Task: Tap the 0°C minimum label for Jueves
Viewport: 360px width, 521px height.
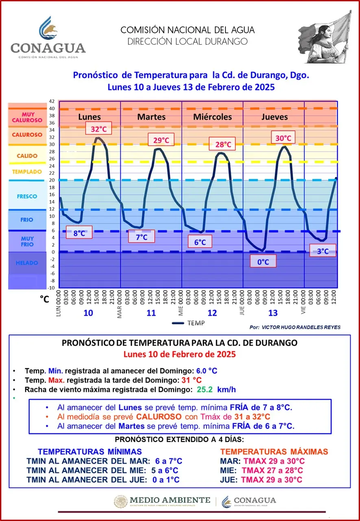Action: pos(263,261)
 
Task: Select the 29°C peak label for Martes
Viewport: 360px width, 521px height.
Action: pos(161,140)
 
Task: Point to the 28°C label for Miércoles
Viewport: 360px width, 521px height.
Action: pos(223,144)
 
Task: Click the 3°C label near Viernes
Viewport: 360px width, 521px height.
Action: pos(323,251)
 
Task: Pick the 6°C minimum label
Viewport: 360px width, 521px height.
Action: pos(200,242)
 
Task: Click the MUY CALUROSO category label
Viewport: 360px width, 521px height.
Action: pos(27,117)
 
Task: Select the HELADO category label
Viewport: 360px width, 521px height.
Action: pos(27,263)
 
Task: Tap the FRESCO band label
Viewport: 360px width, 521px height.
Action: pos(27,196)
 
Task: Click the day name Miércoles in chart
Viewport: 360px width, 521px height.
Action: pos(212,117)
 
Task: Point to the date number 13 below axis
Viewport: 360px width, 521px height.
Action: pos(273,313)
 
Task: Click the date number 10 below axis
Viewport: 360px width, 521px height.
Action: pos(88,313)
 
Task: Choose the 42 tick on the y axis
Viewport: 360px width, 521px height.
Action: pos(52,101)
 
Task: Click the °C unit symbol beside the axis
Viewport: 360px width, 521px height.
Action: pos(44,299)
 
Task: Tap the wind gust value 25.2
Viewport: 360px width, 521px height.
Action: pos(206,390)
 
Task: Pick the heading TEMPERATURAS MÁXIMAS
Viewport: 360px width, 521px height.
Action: pos(274,452)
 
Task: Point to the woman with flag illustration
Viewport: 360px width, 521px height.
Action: pos(325,39)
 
